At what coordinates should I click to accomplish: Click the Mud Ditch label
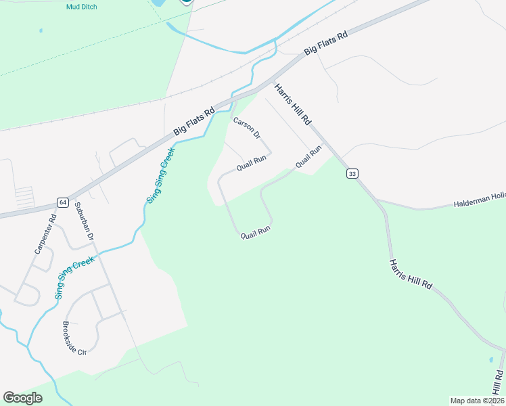[82, 7]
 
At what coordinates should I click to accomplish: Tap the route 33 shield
[352, 174]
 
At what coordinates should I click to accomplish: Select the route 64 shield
[62, 202]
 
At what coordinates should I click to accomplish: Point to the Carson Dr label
[247, 127]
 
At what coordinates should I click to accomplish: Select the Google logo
[23, 398]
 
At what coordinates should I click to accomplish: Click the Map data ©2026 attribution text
[476, 401]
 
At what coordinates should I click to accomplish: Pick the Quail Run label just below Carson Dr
[251, 162]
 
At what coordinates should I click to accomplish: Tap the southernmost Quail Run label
[256, 231]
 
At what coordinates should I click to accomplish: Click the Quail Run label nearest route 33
[307, 158]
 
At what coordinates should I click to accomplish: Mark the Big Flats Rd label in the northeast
[325, 42]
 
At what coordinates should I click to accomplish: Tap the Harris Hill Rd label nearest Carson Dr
[293, 104]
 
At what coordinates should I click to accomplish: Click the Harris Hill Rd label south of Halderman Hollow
[411, 273]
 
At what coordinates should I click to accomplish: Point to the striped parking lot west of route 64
[24, 197]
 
